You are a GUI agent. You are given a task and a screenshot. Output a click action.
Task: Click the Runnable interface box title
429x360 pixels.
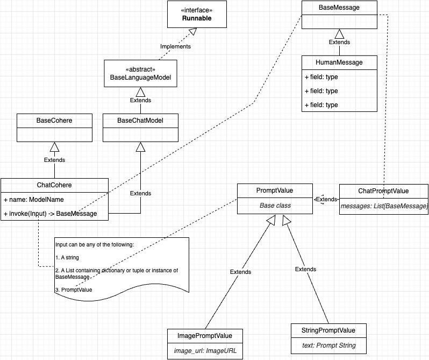point(196,18)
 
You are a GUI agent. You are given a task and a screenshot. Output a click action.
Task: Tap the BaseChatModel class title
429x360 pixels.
point(140,121)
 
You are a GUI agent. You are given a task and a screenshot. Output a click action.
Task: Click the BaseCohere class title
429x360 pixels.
point(54,121)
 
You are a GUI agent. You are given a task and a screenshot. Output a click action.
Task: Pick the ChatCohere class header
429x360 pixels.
point(54,185)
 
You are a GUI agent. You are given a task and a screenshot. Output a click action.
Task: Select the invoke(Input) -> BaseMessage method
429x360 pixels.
point(51,214)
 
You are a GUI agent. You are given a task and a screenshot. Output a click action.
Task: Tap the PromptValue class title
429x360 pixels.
point(275,190)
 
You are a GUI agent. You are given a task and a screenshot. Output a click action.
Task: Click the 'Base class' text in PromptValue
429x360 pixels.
point(275,206)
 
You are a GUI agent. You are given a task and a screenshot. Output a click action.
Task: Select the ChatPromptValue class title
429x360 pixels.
point(383,191)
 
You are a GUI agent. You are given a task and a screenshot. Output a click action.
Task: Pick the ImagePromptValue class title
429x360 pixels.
point(205,336)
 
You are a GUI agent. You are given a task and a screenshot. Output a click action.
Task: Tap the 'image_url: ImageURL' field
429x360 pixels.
point(205,350)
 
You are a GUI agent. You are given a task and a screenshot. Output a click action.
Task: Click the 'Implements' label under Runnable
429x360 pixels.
point(175,46)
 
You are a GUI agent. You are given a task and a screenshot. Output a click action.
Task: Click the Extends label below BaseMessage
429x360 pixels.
point(339,42)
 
